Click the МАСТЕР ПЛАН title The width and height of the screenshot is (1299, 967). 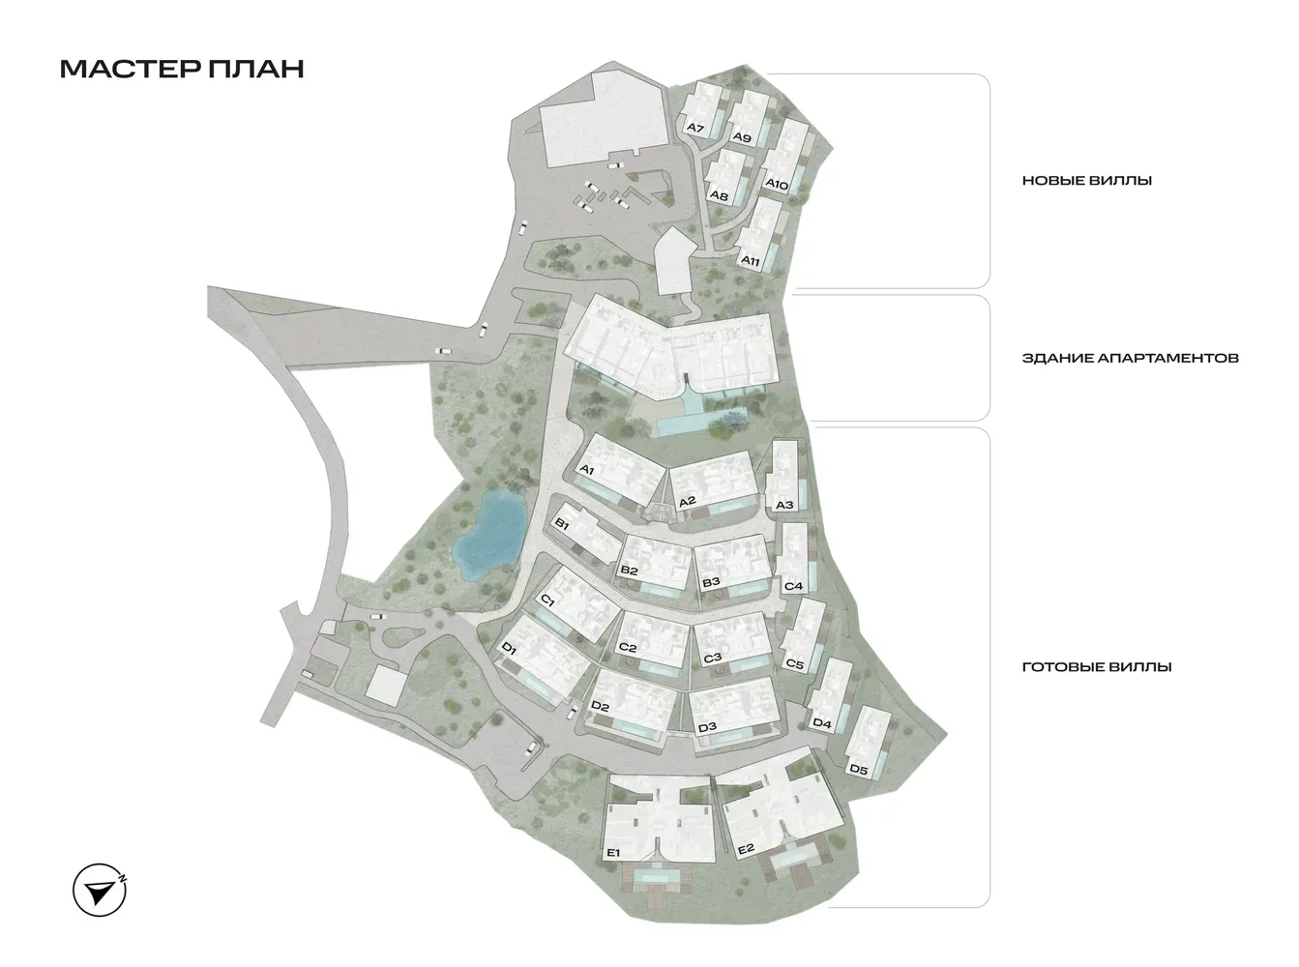tap(182, 69)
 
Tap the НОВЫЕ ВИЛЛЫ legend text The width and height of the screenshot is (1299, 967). tap(1086, 181)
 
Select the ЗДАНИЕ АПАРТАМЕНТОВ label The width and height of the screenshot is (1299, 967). tap(1130, 358)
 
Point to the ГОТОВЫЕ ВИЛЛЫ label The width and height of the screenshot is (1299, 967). tap(1097, 667)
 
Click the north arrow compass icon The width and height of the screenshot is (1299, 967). tap(102, 889)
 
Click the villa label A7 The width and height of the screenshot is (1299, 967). tap(694, 128)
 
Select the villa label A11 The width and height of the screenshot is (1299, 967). tap(750, 260)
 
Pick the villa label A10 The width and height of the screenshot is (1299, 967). tap(778, 184)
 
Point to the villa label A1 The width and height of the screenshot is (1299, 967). tap(585, 470)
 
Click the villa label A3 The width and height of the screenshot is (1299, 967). tap(784, 505)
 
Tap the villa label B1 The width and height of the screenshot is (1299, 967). tap(560, 523)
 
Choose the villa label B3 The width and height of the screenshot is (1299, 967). tap(711, 582)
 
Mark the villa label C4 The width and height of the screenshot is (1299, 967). tap(794, 586)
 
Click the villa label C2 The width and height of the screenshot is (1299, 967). tap(627, 648)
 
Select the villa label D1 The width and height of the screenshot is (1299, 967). tap(511, 652)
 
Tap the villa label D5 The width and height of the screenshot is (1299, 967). tap(857, 770)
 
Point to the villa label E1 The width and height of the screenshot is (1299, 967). tap(611, 852)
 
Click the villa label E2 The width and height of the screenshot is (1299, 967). tap(745, 850)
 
